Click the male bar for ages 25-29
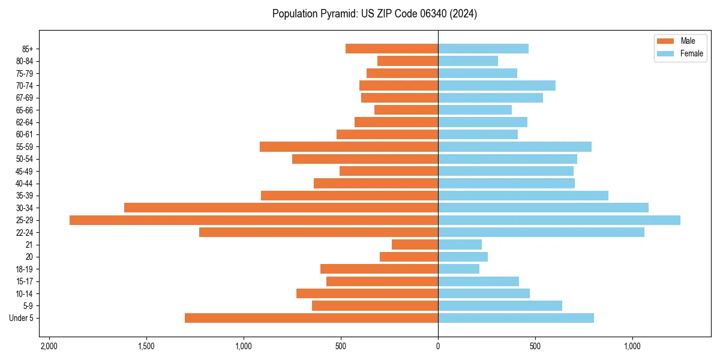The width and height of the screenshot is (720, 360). (254, 220)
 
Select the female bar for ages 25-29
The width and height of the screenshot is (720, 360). (559, 220)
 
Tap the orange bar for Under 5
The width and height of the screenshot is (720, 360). (311, 318)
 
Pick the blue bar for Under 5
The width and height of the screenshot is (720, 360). (516, 318)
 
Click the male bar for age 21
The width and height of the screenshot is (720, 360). (415, 245)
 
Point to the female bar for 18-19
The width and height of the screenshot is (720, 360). (459, 269)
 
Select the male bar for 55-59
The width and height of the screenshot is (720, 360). (349, 147)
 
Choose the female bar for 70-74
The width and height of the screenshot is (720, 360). (497, 86)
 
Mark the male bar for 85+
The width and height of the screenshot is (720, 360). (392, 49)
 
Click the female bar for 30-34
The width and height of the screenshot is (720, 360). (543, 208)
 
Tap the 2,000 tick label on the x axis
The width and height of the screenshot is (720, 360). (49, 347)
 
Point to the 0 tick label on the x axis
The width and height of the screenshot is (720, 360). (438, 347)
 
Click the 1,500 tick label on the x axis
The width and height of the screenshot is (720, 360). (146, 347)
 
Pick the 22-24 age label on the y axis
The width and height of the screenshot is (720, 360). (25, 233)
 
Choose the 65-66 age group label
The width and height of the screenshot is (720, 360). (25, 110)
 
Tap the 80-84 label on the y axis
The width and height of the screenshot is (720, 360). (25, 61)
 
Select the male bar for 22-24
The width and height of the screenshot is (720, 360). (319, 233)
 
